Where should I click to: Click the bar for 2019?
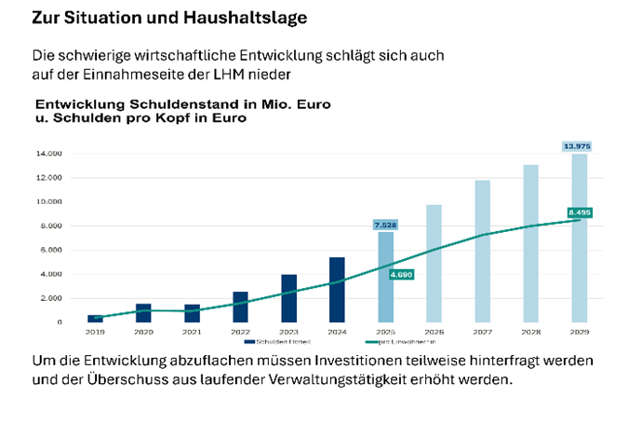coord(95,319)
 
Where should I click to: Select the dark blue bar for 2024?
coord(338,290)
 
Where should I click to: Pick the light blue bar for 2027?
coord(482,251)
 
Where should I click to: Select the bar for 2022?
coord(240,307)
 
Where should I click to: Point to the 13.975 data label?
coord(578,147)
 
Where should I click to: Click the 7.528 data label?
coord(385,225)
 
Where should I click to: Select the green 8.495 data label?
coord(578,212)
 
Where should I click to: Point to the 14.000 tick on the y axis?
coord(48,153)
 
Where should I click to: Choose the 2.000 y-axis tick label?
coord(50,298)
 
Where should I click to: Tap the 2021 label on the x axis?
coord(192,331)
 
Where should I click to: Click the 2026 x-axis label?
coord(434,331)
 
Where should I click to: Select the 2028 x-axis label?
coord(530,331)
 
